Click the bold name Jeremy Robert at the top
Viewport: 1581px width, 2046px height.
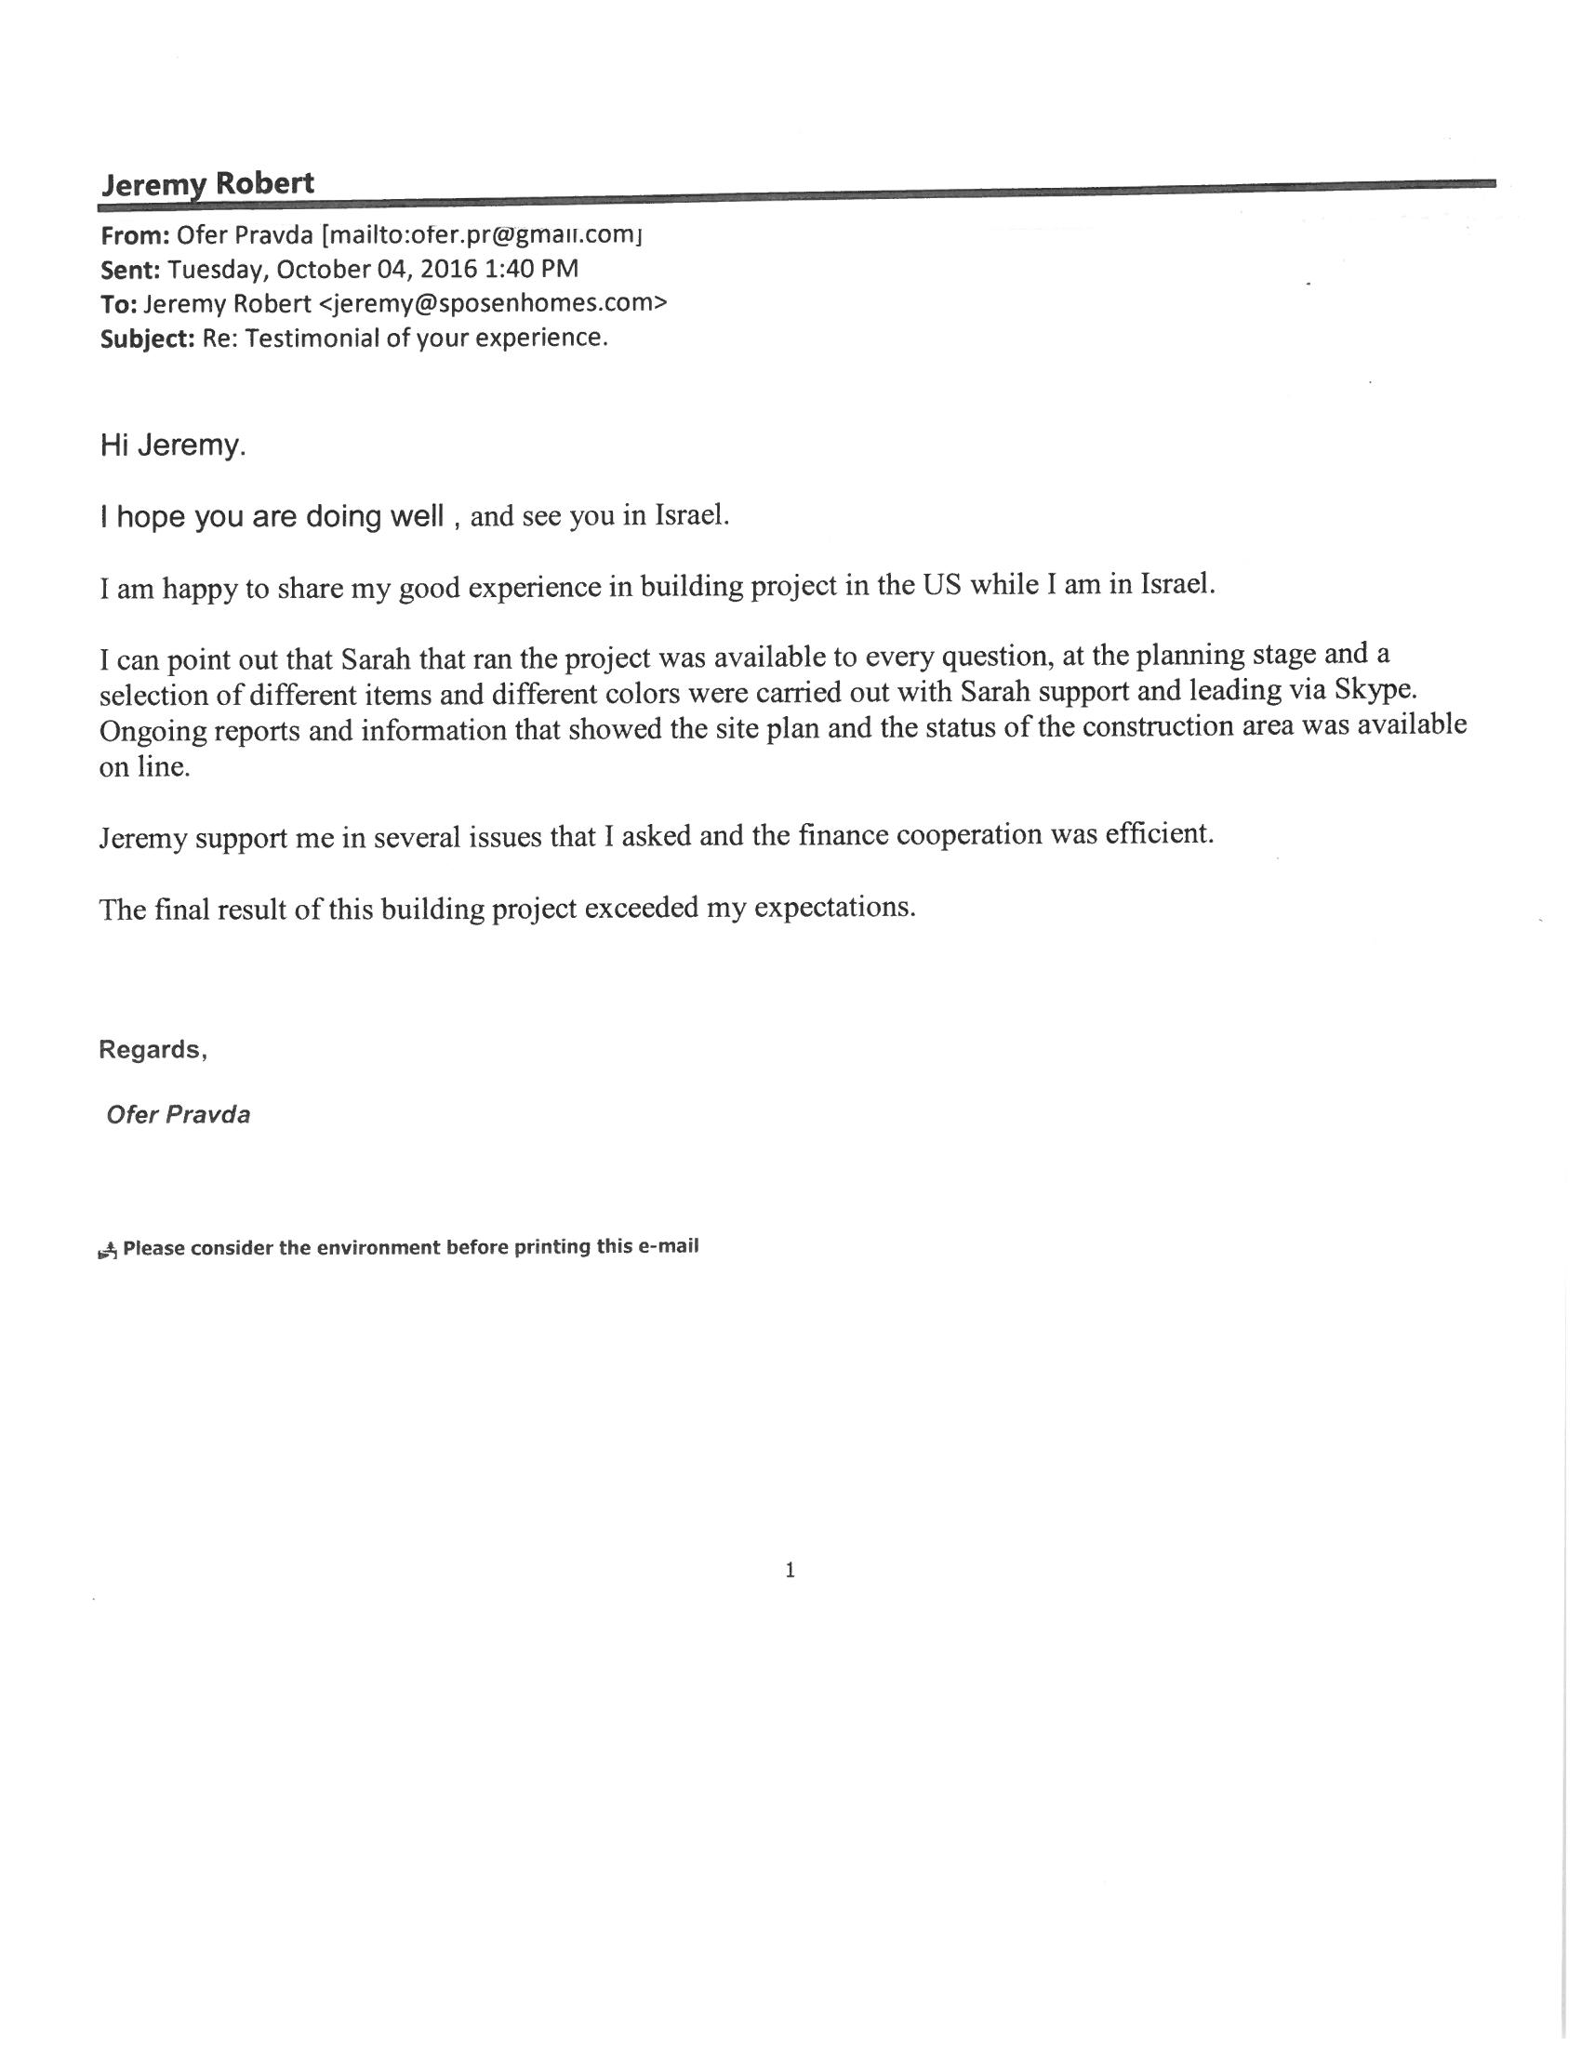click(x=207, y=183)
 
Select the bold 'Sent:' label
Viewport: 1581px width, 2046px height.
click(x=130, y=270)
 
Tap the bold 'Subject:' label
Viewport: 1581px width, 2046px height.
click(x=146, y=339)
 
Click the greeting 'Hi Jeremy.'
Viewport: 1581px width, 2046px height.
click(x=172, y=445)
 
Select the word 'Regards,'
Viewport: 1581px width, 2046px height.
click(x=153, y=1049)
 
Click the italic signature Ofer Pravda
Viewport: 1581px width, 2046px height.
click(x=178, y=1115)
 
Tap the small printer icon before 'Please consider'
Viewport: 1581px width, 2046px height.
click(x=108, y=1249)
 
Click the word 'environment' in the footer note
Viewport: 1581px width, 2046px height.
click(x=377, y=1248)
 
